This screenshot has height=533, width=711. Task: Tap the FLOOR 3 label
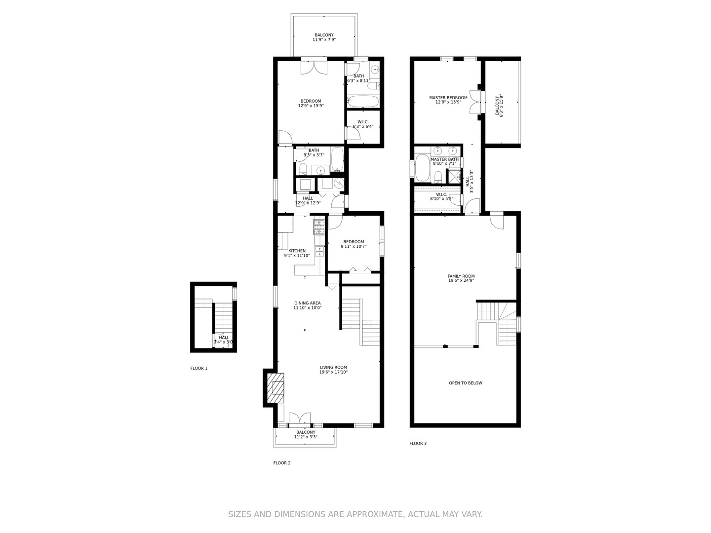[418, 443]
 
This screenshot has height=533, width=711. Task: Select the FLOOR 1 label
[199, 368]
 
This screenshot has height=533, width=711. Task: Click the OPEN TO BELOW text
[466, 383]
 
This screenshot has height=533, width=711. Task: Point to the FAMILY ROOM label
[461, 276]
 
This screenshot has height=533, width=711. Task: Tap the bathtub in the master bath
[422, 168]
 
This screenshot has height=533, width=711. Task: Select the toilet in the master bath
[437, 176]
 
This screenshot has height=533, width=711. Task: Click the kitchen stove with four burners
[318, 227]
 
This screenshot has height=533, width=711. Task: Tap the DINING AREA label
[307, 303]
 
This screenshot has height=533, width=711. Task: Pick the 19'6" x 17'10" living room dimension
[333, 372]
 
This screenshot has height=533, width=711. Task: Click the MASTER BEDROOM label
[448, 98]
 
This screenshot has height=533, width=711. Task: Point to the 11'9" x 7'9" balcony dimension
[324, 39]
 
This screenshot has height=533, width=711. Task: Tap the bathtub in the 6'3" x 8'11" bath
[363, 102]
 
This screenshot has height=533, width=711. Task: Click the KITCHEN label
[297, 251]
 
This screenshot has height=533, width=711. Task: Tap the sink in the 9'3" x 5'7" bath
[321, 170]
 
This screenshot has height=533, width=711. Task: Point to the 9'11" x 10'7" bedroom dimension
[354, 246]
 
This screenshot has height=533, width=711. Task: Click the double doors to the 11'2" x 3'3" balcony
[299, 419]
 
